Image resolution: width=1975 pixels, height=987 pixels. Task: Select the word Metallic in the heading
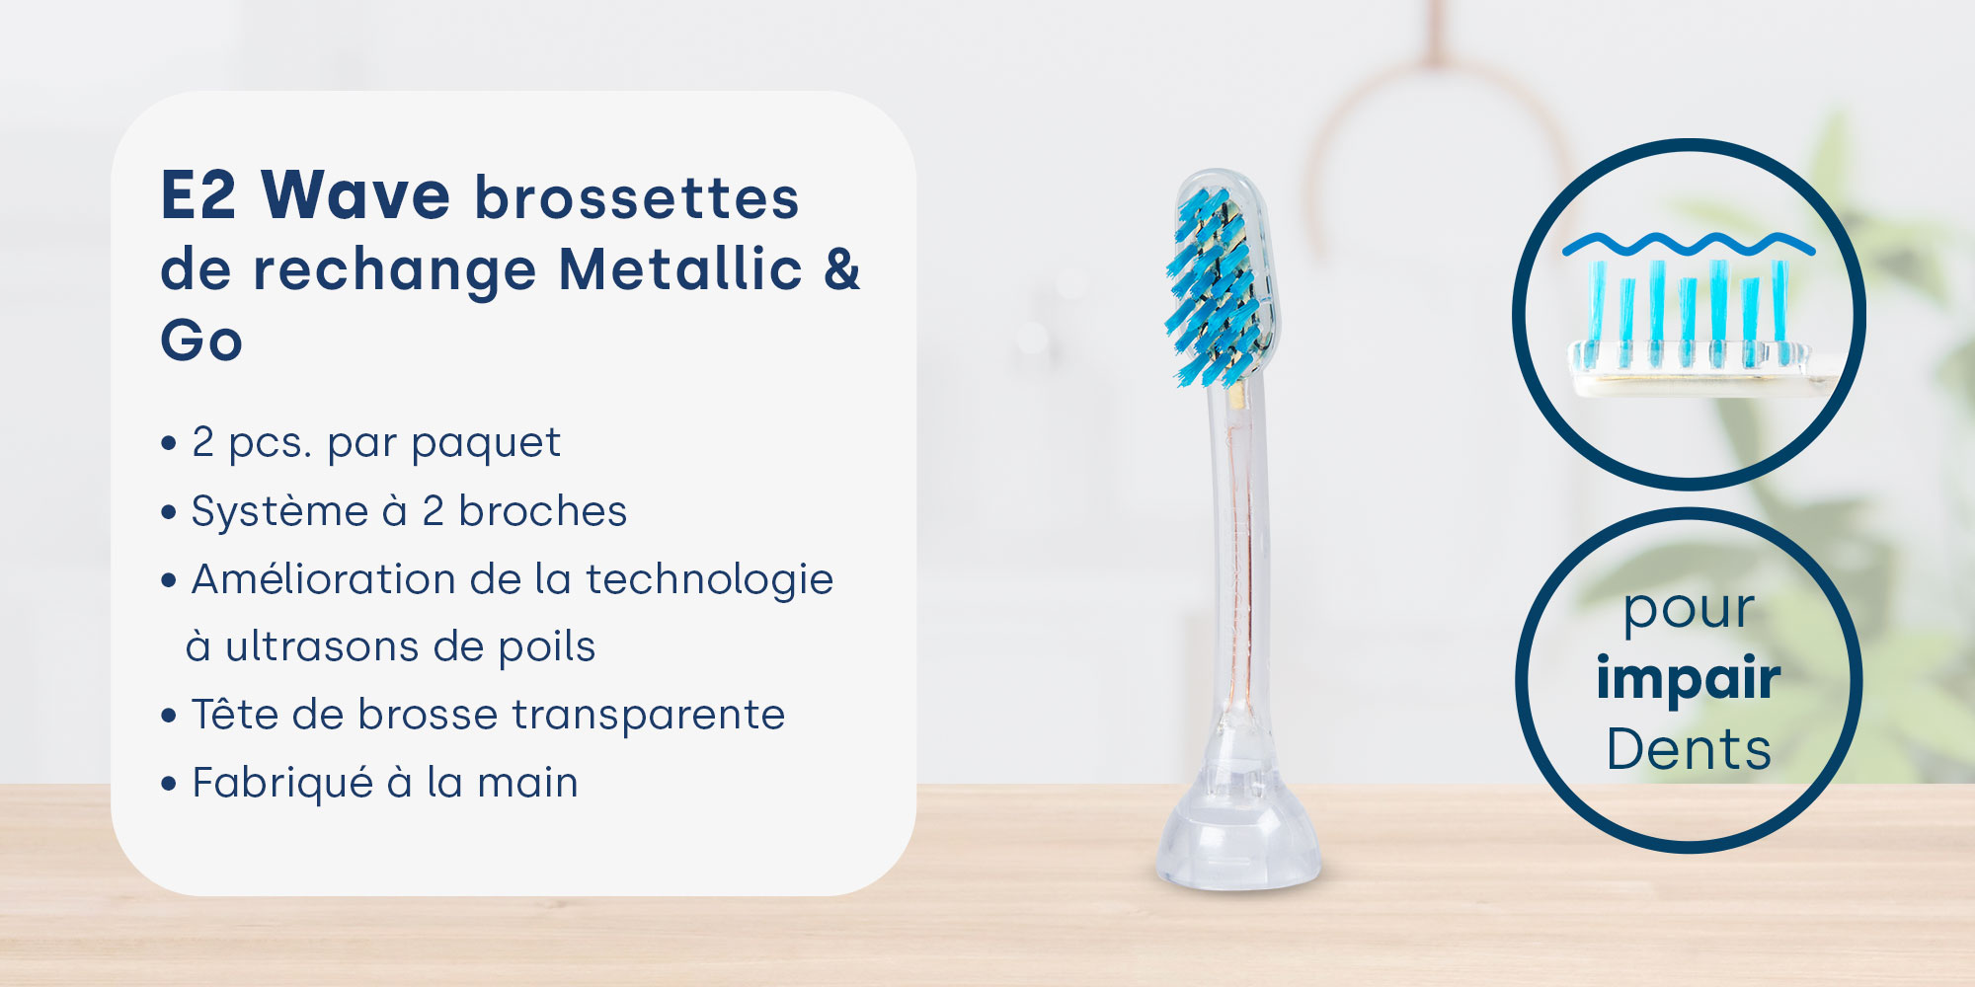click(x=680, y=268)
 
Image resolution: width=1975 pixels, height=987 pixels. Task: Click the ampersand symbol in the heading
click(x=842, y=269)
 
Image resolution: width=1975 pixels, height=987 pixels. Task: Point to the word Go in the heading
click(x=201, y=341)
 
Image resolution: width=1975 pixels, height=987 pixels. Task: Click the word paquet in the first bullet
click(x=486, y=443)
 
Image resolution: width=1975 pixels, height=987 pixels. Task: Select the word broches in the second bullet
click(x=542, y=511)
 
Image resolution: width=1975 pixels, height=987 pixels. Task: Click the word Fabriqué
click(x=282, y=783)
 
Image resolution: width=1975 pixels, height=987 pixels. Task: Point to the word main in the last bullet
click(x=527, y=783)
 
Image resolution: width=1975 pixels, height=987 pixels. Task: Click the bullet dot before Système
click(x=169, y=513)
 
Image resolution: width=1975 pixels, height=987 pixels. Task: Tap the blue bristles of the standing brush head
click(x=1212, y=287)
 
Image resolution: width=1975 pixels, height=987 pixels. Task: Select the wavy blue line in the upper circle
click(x=1688, y=243)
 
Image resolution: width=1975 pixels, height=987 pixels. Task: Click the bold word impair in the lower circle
click(x=1689, y=679)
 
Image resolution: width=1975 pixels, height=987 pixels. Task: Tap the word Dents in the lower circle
click(x=1689, y=749)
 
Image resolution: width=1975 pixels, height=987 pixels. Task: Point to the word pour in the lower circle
click(x=1689, y=611)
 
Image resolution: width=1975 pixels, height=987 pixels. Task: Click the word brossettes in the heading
click(x=637, y=197)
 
